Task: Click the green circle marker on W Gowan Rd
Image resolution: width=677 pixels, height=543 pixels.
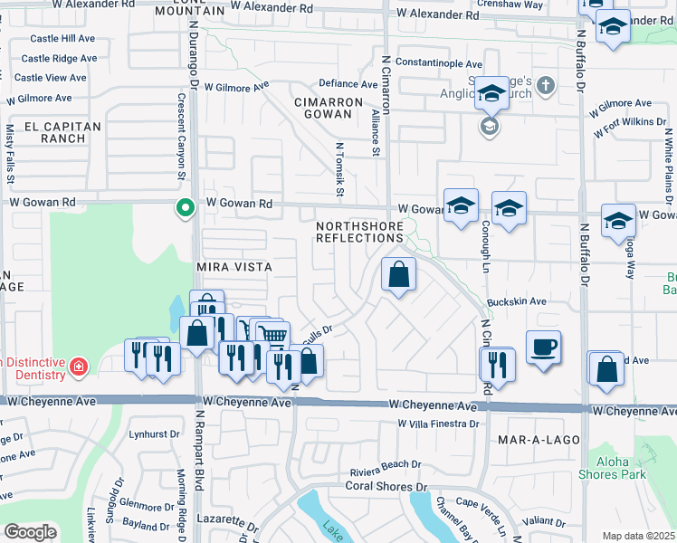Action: point(186,208)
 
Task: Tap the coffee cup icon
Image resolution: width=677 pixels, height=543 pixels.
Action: point(543,347)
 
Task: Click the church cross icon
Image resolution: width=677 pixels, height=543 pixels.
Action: point(545,87)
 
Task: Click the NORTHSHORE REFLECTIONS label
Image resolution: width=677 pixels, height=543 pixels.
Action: point(359,231)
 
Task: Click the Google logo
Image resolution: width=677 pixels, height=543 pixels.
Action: point(30,532)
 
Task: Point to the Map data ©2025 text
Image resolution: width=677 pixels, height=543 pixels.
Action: point(638,536)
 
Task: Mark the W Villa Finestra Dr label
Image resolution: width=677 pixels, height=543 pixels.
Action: point(436,424)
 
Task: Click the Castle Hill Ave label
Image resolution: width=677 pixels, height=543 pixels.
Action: point(62,39)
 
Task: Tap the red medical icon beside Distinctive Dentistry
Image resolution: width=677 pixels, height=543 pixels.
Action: point(80,367)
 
